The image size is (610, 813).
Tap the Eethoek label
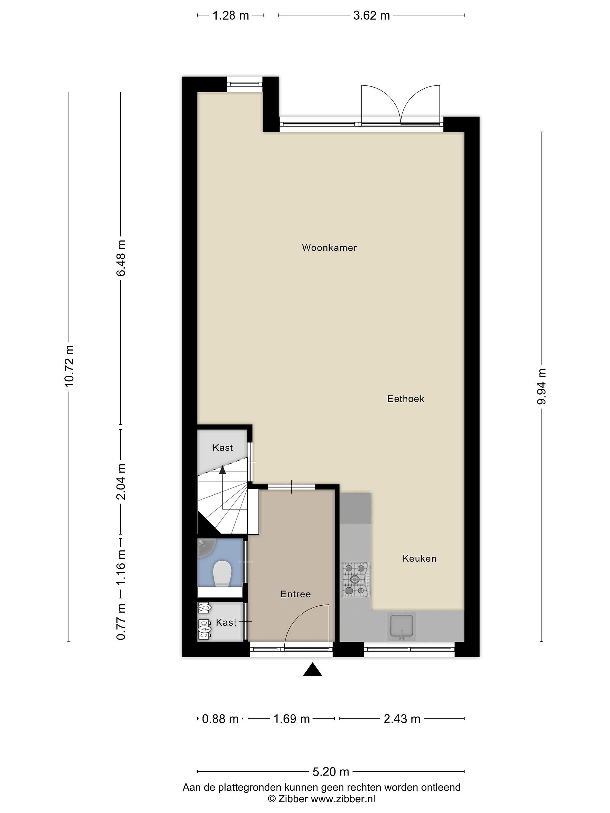tap(406, 399)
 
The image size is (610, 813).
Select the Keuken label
tap(419, 558)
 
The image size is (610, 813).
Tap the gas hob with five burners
tap(356, 580)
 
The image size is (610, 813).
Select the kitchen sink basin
tap(402, 626)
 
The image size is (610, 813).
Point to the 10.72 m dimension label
tap(69, 366)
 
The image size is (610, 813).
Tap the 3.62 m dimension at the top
tap(371, 16)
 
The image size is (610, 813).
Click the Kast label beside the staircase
tap(223, 448)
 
